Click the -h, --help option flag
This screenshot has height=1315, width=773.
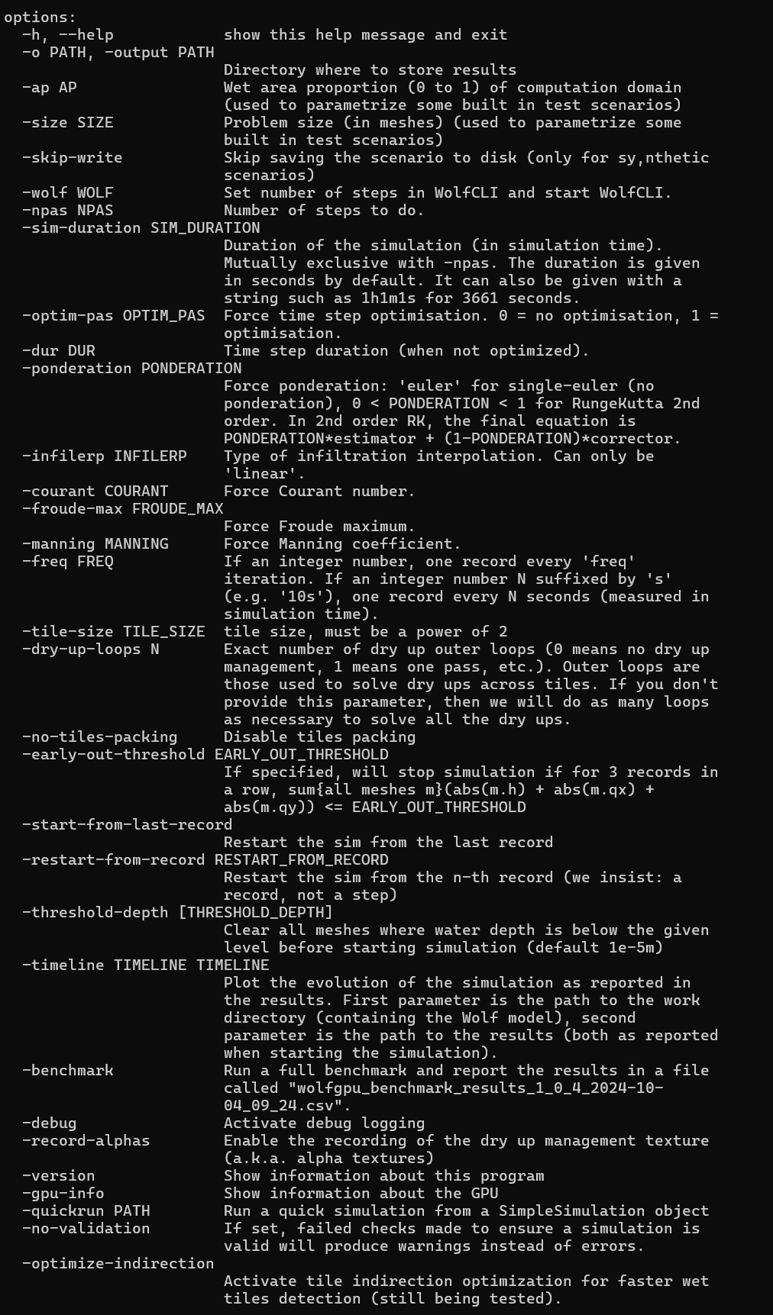coord(68,35)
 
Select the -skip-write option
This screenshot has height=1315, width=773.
coord(73,158)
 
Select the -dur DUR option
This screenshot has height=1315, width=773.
coord(59,351)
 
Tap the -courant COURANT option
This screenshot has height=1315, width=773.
coord(95,492)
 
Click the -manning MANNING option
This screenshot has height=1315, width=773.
coord(95,544)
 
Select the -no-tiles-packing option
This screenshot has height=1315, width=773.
coord(100,737)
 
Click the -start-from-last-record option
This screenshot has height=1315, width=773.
coord(128,825)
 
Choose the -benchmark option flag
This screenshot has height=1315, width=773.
coord(68,1071)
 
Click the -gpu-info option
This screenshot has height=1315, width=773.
coord(63,1194)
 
